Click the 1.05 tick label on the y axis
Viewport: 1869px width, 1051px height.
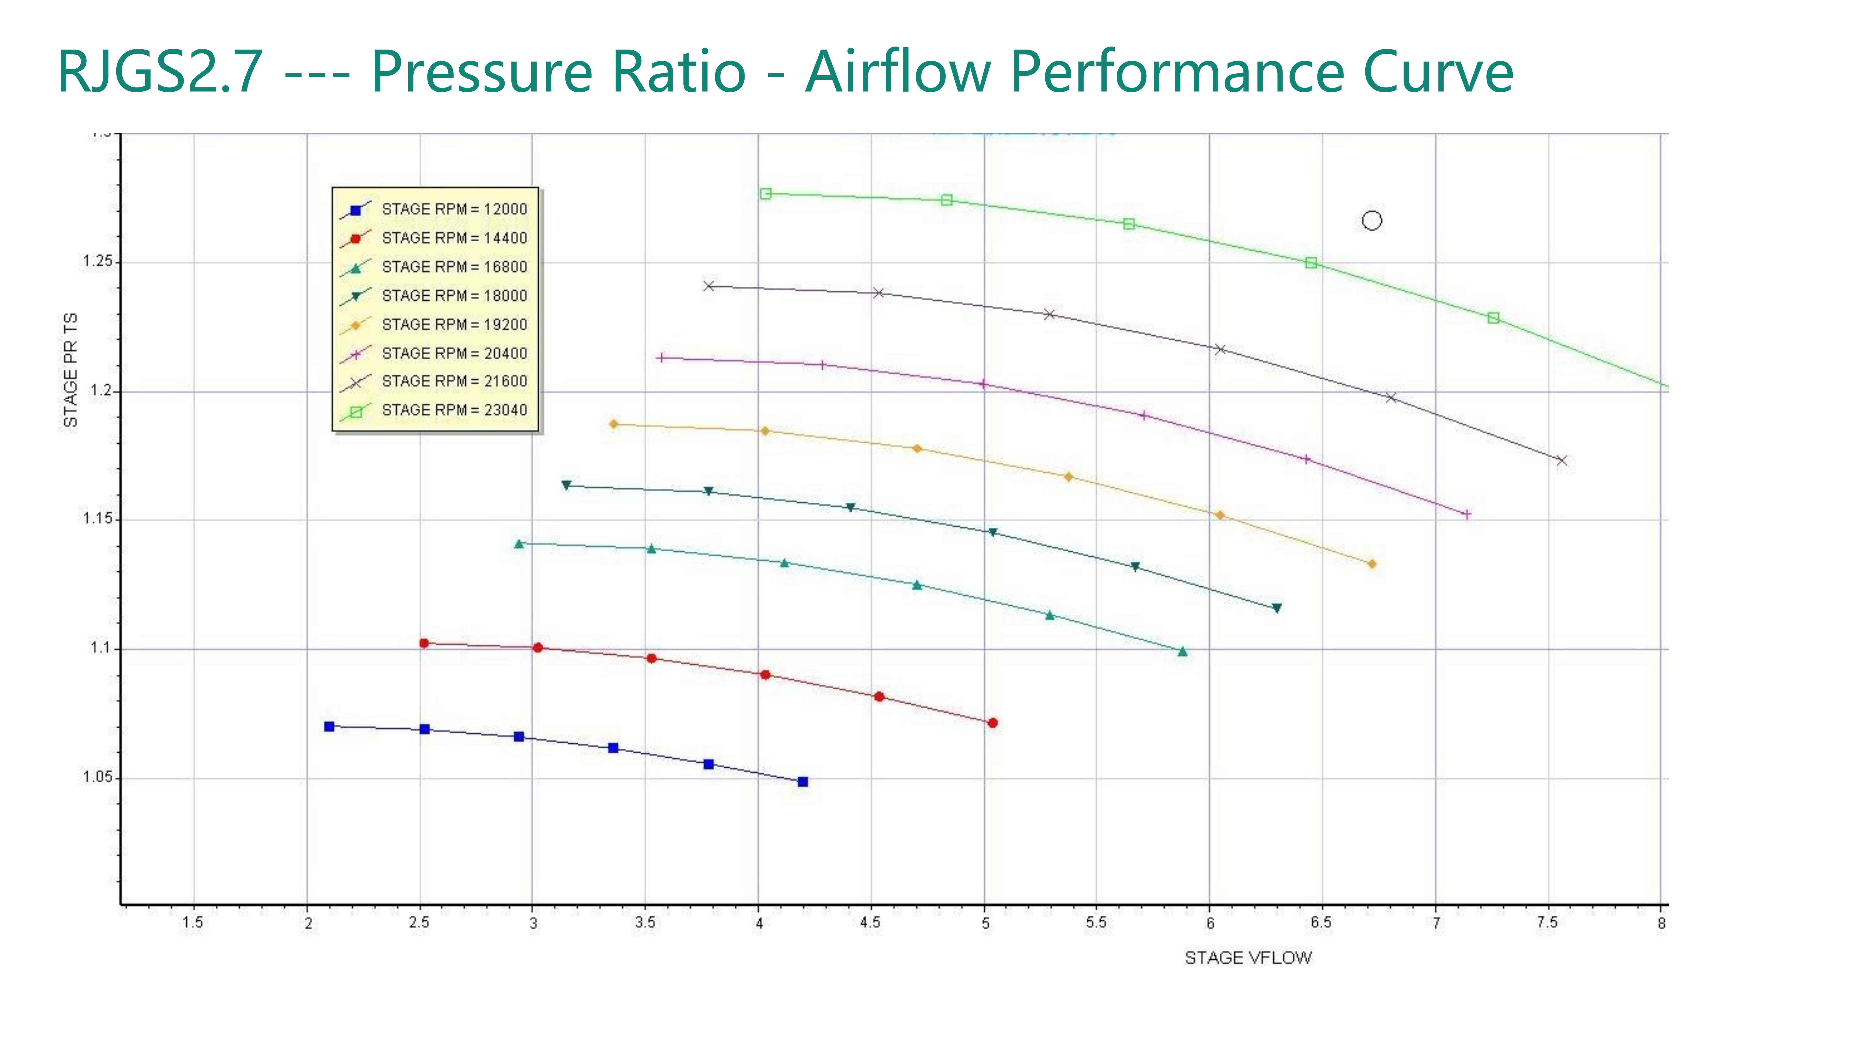98,778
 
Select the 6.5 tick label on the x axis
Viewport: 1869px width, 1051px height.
1320,923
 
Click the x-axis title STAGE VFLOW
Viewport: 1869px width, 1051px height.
1248,958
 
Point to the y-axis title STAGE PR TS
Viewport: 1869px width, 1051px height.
70,370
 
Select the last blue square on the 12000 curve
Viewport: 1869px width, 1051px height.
802,782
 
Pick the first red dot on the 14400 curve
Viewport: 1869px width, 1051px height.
424,643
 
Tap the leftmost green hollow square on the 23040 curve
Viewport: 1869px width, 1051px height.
765,194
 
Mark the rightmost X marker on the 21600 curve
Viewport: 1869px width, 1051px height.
1561,461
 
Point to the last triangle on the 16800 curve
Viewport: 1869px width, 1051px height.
1183,651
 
